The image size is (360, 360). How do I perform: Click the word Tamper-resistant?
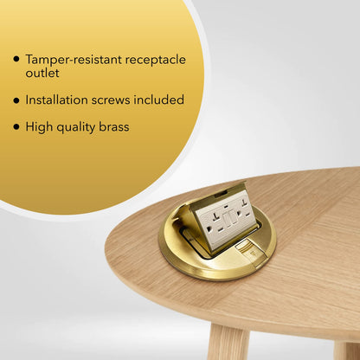click(72, 60)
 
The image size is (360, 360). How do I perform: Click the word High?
click(40, 127)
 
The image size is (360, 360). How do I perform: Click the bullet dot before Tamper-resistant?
click(16, 60)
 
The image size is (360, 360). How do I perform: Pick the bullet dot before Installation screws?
click(16, 100)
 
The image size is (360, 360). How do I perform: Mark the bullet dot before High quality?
click(16, 127)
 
